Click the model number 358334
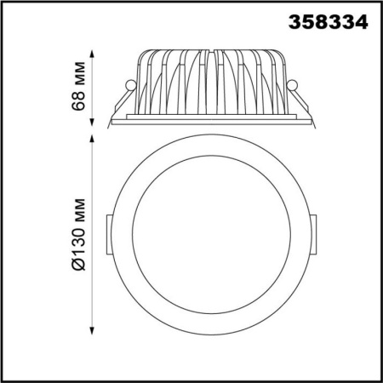click(x=329, y=22)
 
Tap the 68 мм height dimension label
click(x=78, y=86)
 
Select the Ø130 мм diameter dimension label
click(x=78, y=234)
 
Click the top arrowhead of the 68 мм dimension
click(x=92, y=54)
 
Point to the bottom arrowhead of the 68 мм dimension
click(x=92, y=122)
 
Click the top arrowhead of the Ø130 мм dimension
click(x=92, y=140)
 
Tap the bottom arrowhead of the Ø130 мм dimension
click(x=92, y=331)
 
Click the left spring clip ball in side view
click(x=131, y=85)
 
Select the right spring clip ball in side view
click(x=292, y=85)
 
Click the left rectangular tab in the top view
click(x=109, y=235)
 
